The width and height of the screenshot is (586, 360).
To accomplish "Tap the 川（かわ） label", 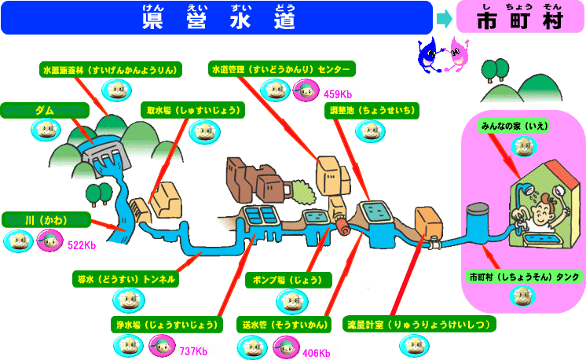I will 45,219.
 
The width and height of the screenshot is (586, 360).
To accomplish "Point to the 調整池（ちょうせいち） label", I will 374,110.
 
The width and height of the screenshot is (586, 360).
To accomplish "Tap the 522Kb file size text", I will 82,245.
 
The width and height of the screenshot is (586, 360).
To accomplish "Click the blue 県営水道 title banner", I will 218,17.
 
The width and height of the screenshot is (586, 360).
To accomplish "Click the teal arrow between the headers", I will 444,17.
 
